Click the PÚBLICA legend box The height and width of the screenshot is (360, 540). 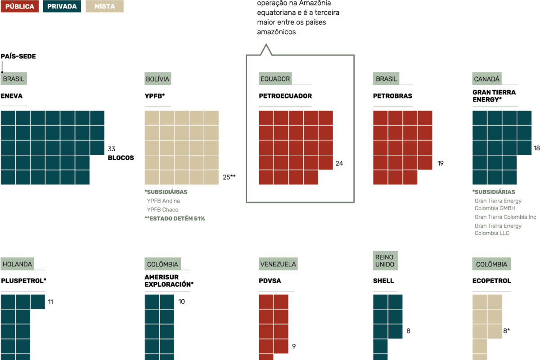(x=19, y=6)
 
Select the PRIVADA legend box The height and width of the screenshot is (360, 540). (x=62, y=6)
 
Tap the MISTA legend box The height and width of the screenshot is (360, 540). (x=104, y=6)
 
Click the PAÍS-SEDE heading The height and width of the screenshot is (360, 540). (x=18, y=56)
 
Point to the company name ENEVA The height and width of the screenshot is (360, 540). (x=12, y=96)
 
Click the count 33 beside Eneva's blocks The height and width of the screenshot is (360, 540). (x=112, y=148)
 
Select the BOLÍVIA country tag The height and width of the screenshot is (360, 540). (x=157, y=79)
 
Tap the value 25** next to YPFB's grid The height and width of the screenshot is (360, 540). (x=229, y=177)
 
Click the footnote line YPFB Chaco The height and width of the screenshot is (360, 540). (x=162, y=210)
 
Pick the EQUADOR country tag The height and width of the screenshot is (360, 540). (x=275, y=79)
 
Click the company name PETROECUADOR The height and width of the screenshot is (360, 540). (x=285, y=96)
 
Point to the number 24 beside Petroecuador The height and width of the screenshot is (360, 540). (x=339, y=163)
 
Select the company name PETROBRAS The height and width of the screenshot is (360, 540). (x=392, y=96)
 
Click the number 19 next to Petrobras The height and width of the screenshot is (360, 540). (x=441, y=163)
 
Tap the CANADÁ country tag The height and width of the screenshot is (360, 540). (x=487, y=79)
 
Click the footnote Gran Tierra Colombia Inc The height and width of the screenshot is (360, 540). (x=505, y=217)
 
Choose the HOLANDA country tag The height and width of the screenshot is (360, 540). (x=18, y=264)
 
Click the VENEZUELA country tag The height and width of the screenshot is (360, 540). (x=278, y=264)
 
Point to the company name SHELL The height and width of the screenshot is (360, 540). (x=383, y=281)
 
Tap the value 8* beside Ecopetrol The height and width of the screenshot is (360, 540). (x=507, y=331)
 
